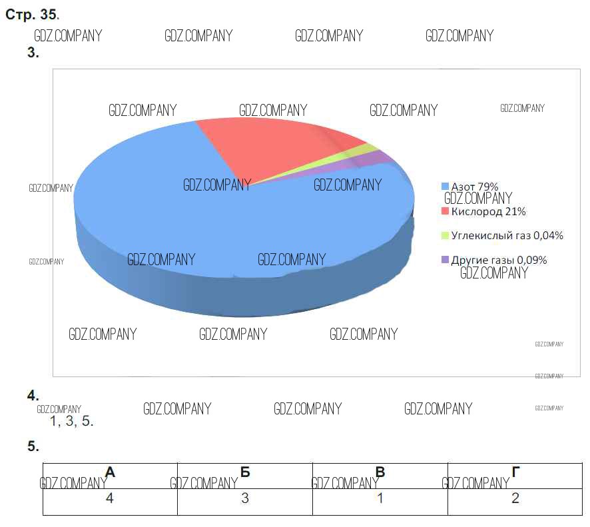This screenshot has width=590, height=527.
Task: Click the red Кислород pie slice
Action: tap(280, 143)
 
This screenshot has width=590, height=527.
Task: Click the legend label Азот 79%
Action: tap(475, 187)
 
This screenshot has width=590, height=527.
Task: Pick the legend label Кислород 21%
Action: tap(488, 211)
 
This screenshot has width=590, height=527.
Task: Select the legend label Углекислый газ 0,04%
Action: tap(507, 235)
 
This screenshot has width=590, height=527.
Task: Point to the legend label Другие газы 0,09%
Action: tap(499, 260)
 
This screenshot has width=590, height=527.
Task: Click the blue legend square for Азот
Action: tap(445, 187)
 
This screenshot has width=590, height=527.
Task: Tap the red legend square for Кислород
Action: tap(445, 212)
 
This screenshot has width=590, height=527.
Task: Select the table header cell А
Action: tap(111, 473)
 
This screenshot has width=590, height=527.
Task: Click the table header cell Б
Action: tap(245, 473)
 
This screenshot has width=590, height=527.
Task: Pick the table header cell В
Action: tap(380, 473)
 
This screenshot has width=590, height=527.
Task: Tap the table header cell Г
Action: tap(515, 473)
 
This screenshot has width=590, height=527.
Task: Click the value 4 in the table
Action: tap(111, 498)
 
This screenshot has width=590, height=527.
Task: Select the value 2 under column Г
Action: tap(515, 498)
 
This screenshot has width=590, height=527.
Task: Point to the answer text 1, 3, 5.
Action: tap(71, 421)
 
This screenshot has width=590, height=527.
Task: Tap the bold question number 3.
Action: tap(33, 53)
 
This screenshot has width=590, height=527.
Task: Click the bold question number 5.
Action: tap(33, 447)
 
